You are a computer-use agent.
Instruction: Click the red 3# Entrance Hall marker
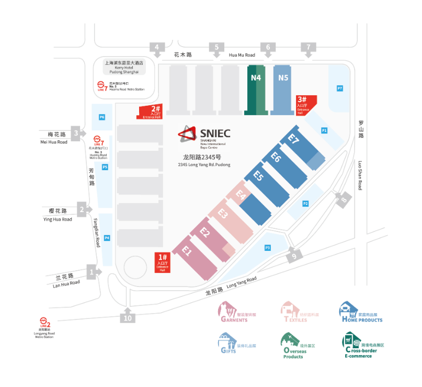coord(304,103)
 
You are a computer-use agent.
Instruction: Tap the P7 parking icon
coord(340,88)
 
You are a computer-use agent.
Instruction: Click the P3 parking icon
coord(267,247)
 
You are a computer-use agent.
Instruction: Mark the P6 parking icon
coord(102,117)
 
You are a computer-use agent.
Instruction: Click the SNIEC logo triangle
coord(186,135)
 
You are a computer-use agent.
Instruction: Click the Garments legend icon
coord(226,309)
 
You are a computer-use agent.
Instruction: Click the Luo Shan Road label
coord(361,175)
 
